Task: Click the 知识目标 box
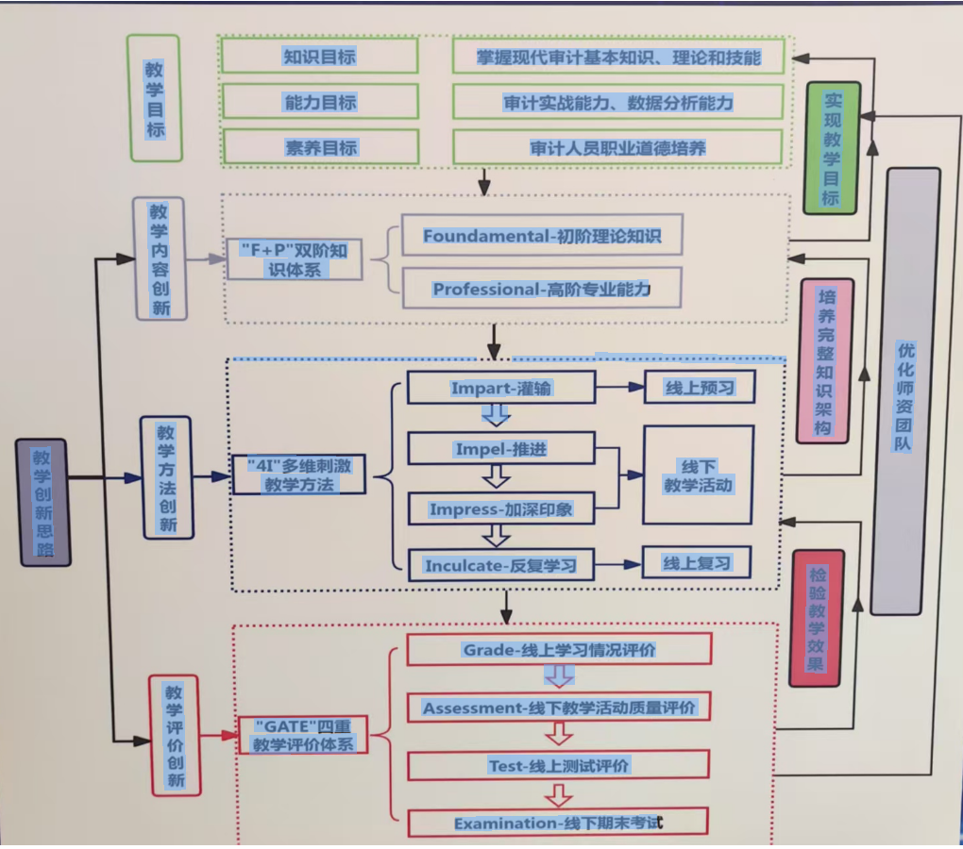click(x=319, y=57)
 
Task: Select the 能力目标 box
click(x=319, y=102)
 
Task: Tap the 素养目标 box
click(x=319, y=147)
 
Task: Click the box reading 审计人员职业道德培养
click(x=617, y=147)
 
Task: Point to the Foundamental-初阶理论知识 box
click(x=541, y=236)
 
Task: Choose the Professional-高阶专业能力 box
click(x=541, y=290)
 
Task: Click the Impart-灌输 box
click(x=500, y=388)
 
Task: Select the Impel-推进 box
click(x=500, y=449)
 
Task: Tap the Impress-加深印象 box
click(x=500, y=509)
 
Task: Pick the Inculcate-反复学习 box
click(x=500, y=566)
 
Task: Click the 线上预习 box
click(x=700, y=388)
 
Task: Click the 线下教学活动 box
click(x=699, y=474)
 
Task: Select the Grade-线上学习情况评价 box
click(x=559, y=650)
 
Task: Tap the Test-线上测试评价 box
click(x=559, y=766)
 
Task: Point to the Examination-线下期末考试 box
click(x=559, y=824)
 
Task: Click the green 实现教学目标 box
click(x=830, y=147)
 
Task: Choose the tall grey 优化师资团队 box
click(x=905, y=391)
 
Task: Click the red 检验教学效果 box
click(x=816, y=618)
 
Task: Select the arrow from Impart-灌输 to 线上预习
click(x=619, y=388)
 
